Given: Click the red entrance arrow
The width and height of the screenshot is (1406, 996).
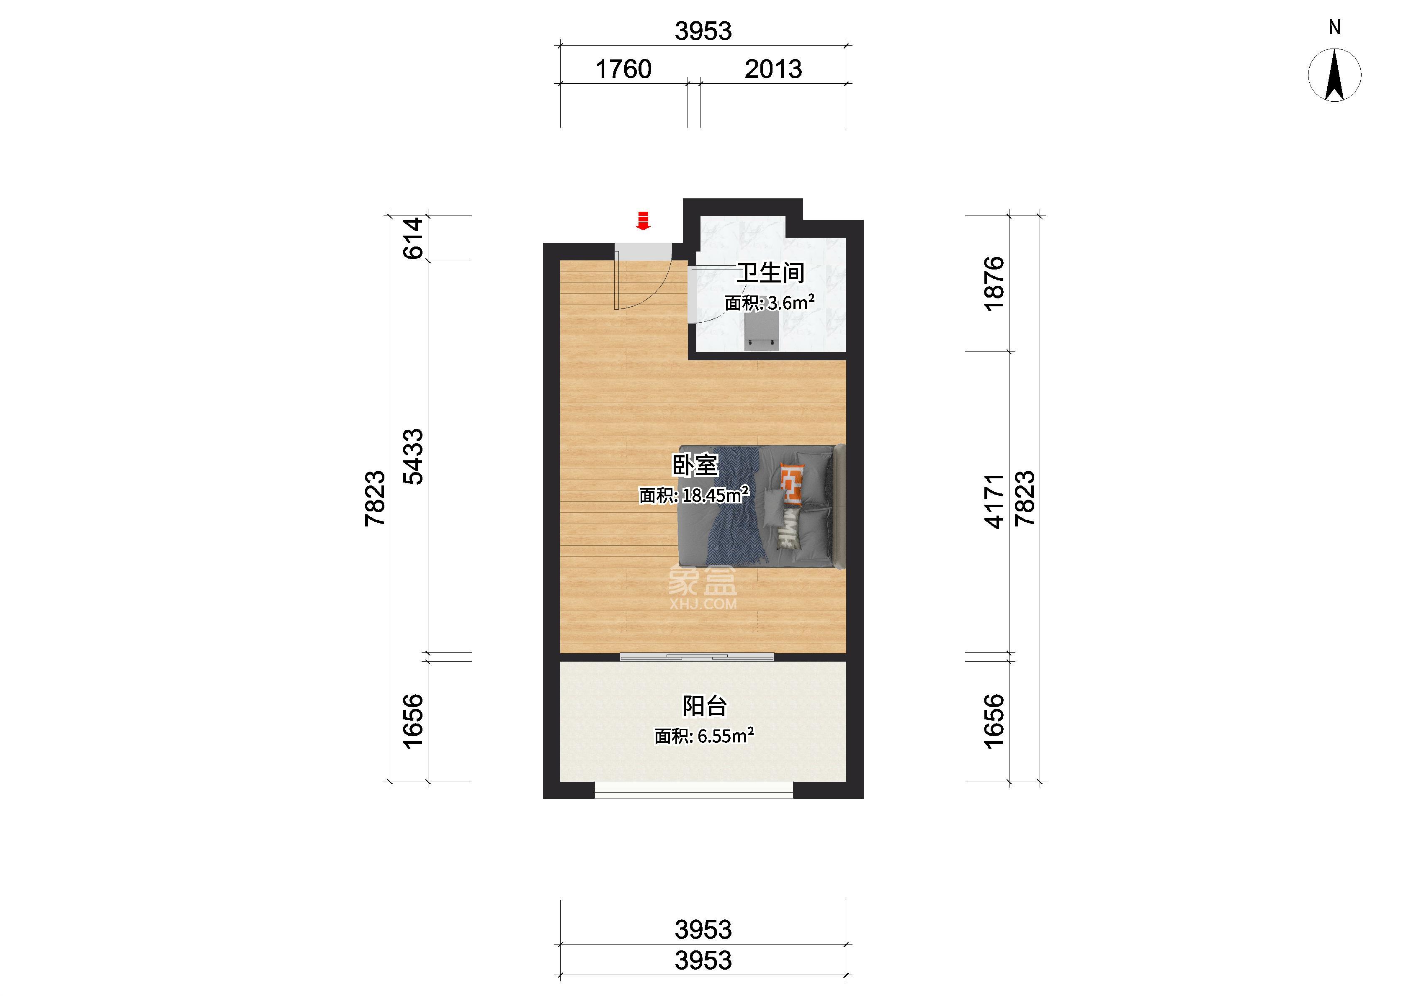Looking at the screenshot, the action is (x=643, y=221).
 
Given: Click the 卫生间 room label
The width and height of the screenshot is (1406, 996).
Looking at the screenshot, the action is (x=770, y=273).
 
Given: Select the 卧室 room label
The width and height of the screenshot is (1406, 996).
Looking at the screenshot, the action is (x=695, y=465).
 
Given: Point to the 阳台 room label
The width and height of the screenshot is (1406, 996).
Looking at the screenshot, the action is (x=705, y=706).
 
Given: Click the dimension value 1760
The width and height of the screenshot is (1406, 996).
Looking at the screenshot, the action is (x=623, y=69).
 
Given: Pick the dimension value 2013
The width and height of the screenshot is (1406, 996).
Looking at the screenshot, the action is (x=773, y=69).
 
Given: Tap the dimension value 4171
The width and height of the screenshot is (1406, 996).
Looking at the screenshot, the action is (x=994, y=501).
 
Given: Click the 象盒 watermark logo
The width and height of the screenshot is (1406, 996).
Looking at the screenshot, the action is (x=703, y=587).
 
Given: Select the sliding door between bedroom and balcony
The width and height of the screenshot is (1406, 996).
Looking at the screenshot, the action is (x=697, y=657).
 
